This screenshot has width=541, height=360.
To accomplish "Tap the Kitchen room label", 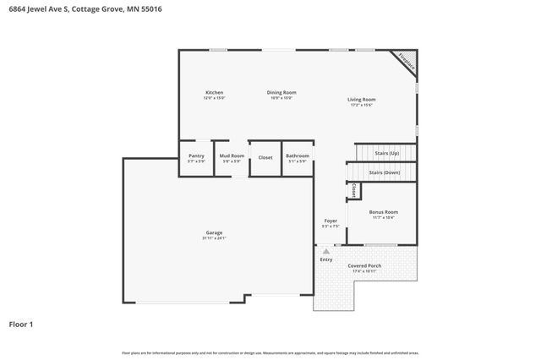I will (214, 92).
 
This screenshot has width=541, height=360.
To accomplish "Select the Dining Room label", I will (281, 92).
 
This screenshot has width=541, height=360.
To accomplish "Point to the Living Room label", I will (362, 99).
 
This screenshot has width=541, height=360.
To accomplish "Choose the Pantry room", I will (196, 156).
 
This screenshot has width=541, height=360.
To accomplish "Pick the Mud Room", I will (232, 156).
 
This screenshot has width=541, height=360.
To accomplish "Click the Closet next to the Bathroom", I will (265, 157).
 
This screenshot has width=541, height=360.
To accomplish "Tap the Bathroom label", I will (298, 156).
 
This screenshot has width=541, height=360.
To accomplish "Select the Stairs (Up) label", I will (386, 153).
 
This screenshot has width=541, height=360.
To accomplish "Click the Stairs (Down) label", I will (385, 172).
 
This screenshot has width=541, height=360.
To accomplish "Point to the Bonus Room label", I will (384, 211).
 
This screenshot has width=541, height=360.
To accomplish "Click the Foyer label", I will (331, 221).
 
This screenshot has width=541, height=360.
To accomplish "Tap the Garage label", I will (214, 232).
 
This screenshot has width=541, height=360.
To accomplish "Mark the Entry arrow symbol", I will (326, 251).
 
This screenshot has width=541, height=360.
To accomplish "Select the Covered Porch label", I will (364, 265).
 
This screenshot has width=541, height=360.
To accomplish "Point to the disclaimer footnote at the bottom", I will (270, 352).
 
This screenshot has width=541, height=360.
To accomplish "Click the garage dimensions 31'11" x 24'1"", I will (214, 238).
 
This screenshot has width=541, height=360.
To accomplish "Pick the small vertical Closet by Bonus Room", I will (354, 192).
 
